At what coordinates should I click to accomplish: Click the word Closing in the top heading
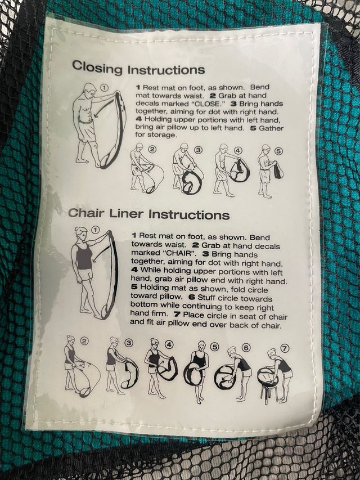tap(97, 67)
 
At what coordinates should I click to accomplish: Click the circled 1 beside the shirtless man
tap(105, 88)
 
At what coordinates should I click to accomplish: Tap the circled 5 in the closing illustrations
tap(278, 151)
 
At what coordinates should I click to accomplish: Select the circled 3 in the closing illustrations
tap(199, 150)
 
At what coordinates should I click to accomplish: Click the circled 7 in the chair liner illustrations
tap(285, 348)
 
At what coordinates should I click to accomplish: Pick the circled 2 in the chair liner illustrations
tap(84, 340)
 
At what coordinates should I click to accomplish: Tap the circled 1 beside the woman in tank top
tap(96, 230)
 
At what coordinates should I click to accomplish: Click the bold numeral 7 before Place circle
tap(177, 315)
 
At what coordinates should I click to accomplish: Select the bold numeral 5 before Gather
tap(253, 128)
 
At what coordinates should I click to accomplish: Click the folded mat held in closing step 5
tap(278, 170)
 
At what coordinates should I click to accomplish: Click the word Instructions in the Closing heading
tap(166, 69)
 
